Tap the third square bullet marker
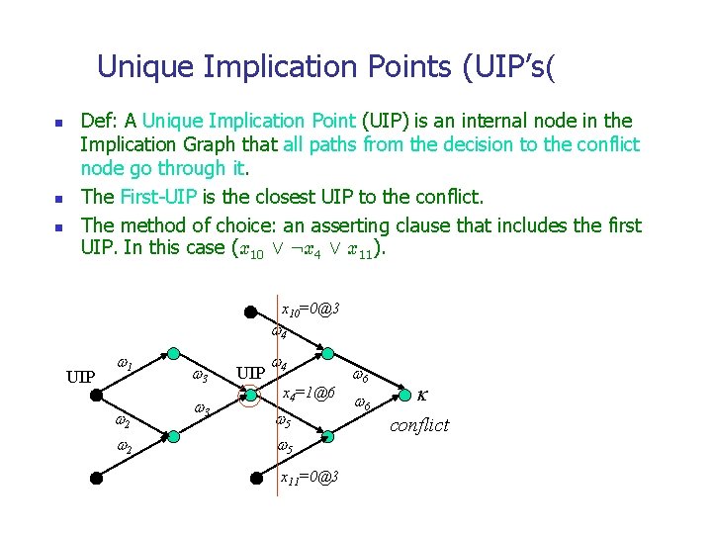(x=58, y=228)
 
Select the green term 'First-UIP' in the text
(x=188, y=195)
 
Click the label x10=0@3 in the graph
(x=311, y=310)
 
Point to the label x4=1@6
(x=309, y=394)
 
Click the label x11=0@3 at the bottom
(x=310, y=478)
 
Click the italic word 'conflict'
(x=419, y=425)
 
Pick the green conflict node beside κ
(x=406, y=397)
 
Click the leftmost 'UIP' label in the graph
(x=80, y=377)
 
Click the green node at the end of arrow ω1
(x=173, y=353)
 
